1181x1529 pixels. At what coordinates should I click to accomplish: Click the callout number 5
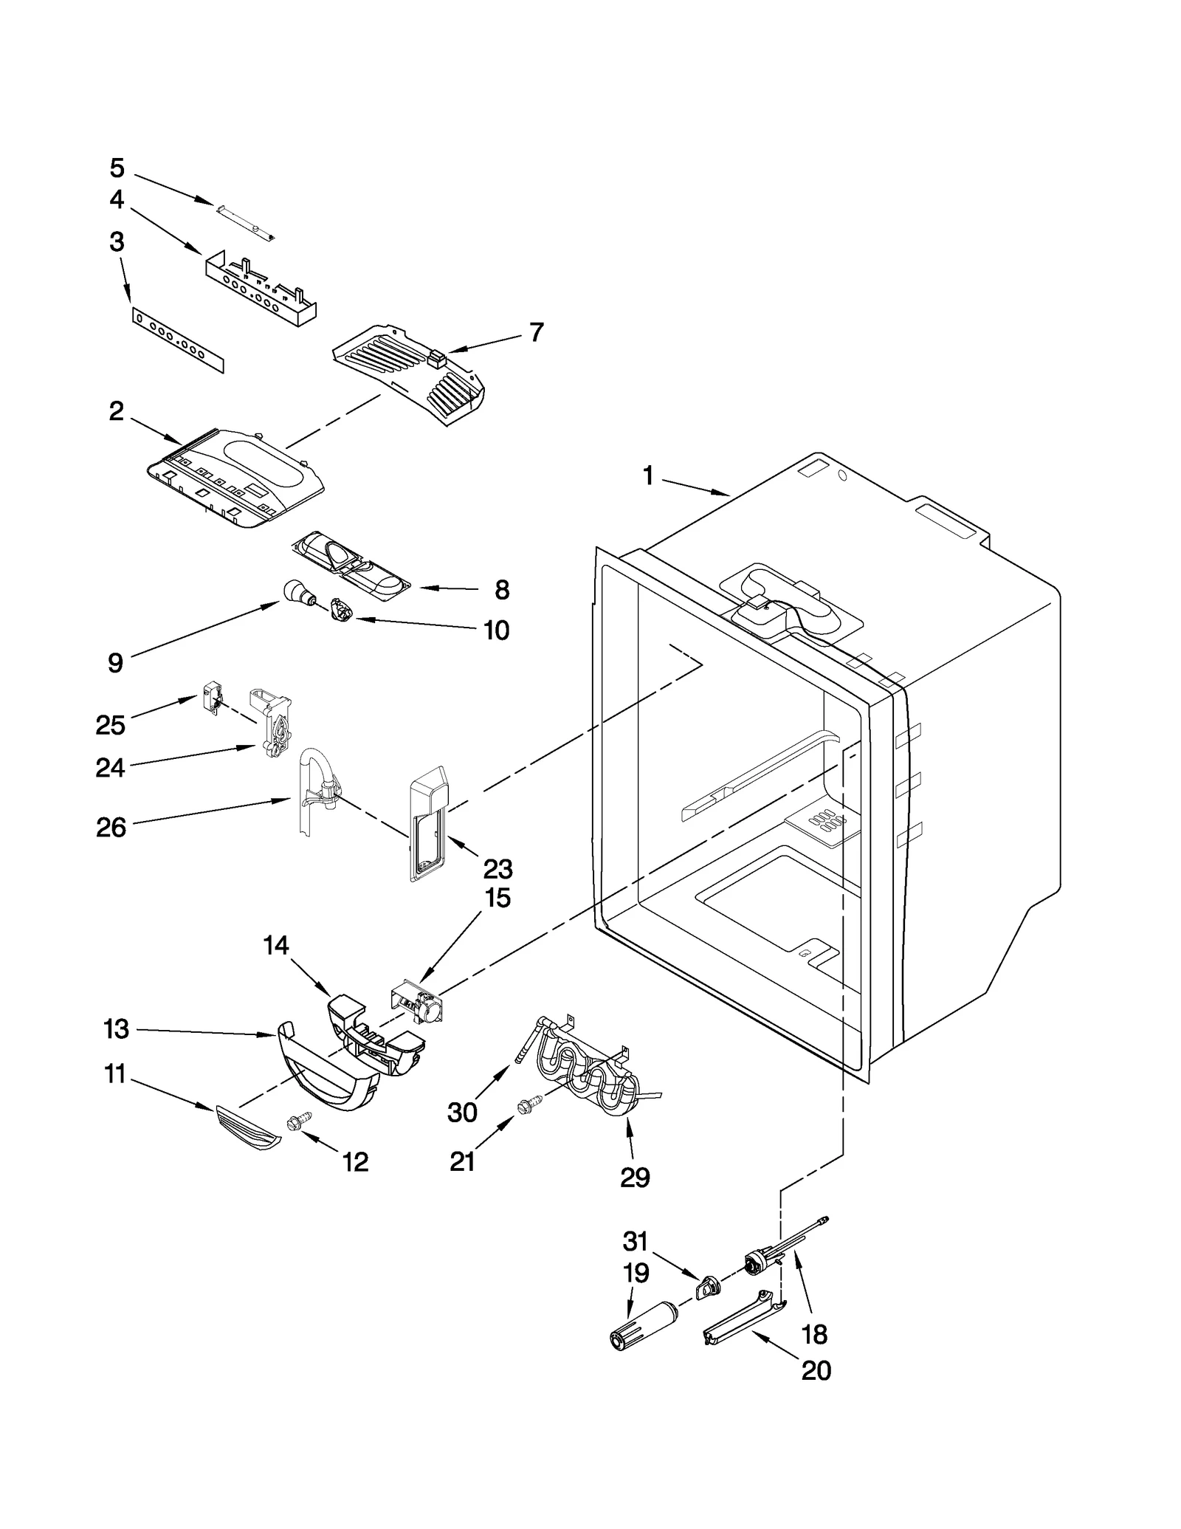117,168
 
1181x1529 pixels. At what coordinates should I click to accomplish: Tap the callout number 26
111,828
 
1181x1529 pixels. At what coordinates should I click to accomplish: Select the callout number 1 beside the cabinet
648,476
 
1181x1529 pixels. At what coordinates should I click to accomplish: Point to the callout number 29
635,1177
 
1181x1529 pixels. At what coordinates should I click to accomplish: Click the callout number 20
816,1370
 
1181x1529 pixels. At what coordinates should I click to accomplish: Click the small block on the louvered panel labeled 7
436,360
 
